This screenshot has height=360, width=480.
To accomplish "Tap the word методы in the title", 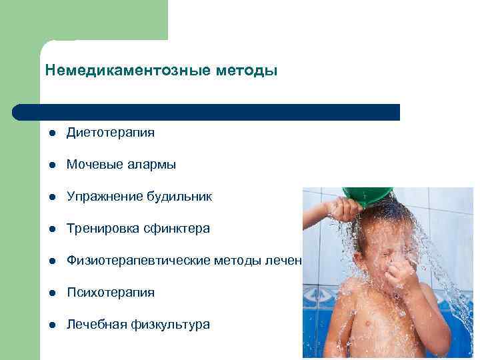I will tap(246, 70).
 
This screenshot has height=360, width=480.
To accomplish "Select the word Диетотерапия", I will tap(111, 133).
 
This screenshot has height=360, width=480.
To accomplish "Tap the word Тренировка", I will tap(101, 229).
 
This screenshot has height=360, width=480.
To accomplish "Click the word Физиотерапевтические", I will tap(138, 261).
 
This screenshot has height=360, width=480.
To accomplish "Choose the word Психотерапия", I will tap(111, 293).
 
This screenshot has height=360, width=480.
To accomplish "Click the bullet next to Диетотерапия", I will tap(51, 133).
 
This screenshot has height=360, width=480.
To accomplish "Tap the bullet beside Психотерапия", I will tap(51, 293).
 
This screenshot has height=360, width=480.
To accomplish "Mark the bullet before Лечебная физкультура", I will tap(51, 325).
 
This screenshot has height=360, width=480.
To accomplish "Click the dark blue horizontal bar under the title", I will tap(207, 112).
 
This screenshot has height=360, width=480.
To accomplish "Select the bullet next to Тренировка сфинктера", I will tap(51, 229).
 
